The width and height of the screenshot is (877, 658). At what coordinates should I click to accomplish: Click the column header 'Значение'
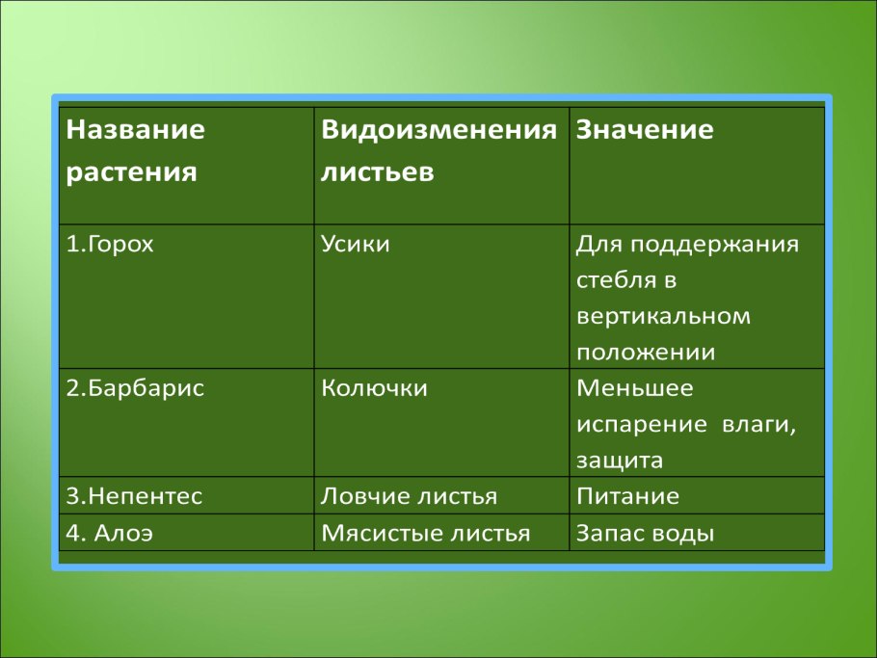[644, 131]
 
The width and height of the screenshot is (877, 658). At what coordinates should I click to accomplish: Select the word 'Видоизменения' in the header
[438, 131]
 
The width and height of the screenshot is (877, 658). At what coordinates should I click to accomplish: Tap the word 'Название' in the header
[136, 131]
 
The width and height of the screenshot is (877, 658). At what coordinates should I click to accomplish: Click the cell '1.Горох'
[110, 245]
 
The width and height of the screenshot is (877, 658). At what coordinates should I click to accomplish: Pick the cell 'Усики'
[355, 245]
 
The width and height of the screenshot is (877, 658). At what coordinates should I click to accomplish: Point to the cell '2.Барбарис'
[135, 388]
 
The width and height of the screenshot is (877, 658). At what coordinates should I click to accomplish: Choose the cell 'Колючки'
[374, 388]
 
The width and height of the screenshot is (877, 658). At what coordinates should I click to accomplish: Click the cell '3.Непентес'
[135, 497]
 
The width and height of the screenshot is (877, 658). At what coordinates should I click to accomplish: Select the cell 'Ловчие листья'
[409, 497]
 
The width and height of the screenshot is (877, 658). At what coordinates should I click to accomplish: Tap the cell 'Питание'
[627, 497]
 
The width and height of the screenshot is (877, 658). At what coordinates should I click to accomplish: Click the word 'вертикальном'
[663, 317]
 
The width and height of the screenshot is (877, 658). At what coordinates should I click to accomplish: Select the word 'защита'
[620, 461]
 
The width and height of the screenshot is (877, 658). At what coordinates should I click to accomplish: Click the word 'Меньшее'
[634, 388]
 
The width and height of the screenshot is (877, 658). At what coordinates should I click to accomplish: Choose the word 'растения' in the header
[132, 173]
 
